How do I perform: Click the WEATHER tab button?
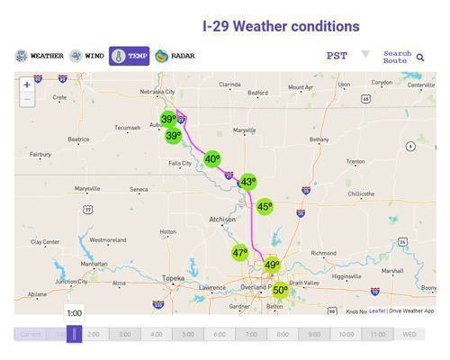point(40,56)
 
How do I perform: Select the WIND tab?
point(87,56)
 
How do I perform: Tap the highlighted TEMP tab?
point(129,56)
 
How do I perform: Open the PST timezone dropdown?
point(347,56)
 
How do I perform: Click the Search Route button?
point(402,57)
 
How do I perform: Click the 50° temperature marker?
point(280,290)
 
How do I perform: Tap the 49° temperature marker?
point(271,265)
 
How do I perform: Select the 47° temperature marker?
point(239,254)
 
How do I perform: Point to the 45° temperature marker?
point(264,206)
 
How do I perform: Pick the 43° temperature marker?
point(247,181)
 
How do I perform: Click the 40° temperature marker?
point(211,158)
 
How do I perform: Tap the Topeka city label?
point(173,278)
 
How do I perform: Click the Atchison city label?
point(221,219)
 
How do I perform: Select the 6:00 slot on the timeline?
point(220,334)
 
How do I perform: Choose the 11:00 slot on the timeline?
point(378,334)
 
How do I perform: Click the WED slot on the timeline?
point(409,334)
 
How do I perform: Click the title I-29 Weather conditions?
point(281,26)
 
